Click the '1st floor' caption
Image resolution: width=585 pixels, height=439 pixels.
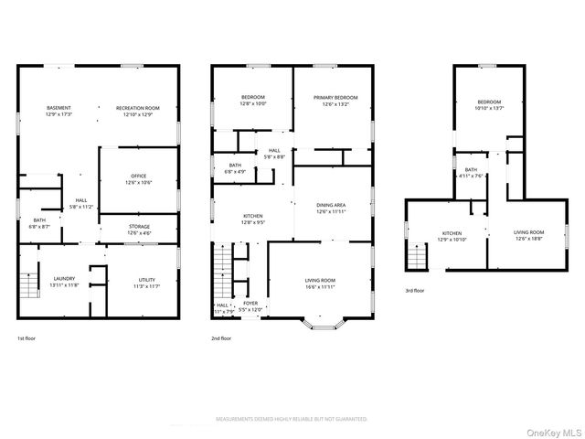(x=27, y=338)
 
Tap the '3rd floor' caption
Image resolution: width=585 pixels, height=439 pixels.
(x=415, y=290)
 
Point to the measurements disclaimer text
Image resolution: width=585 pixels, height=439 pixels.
(x=292, y=419)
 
